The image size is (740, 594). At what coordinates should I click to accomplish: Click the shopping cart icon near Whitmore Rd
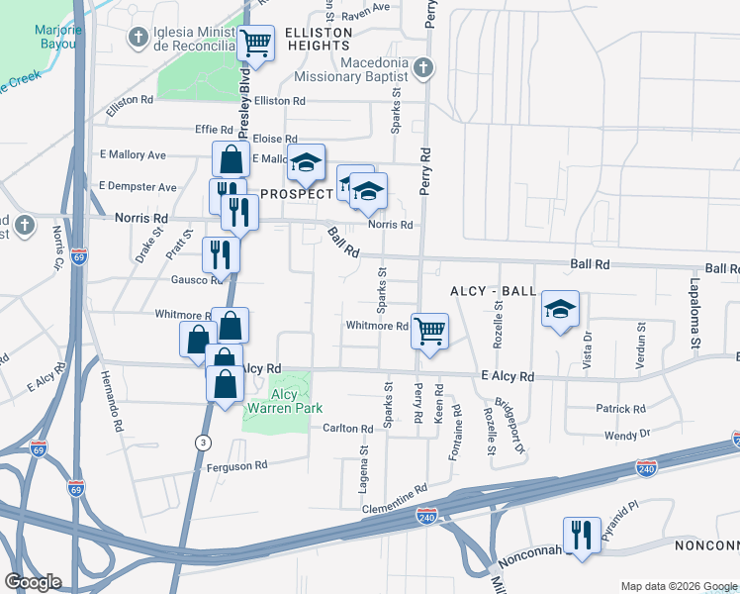click(429, 332)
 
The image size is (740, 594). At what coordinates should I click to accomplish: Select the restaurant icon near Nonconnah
click(582, 536)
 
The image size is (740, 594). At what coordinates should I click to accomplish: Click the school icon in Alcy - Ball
click(560, 310)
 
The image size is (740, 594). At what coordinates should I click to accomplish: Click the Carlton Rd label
click(347, 429)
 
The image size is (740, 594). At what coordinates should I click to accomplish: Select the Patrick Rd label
click(620, 408)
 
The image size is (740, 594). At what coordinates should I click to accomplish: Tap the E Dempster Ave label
click(138, 186)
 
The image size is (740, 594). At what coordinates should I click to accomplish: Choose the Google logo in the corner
click(33, 582)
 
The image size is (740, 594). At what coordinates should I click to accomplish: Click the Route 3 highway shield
click(204, 441)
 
